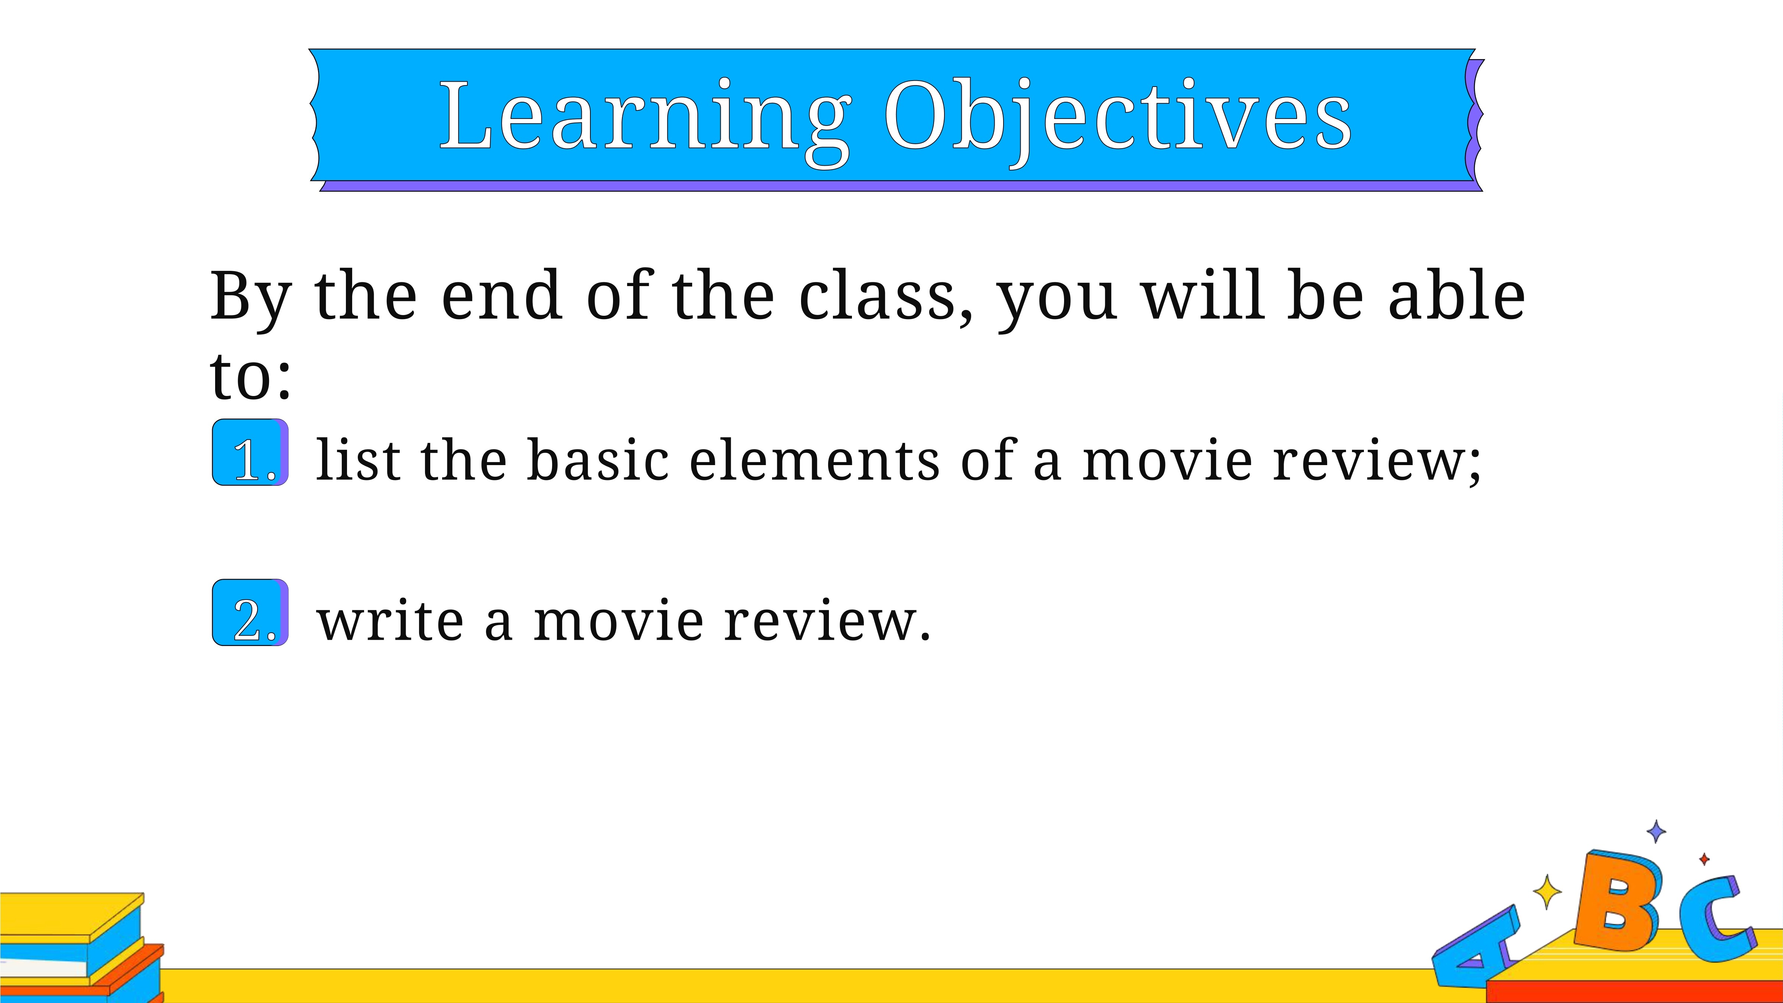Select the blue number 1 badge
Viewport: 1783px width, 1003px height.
(250, 452)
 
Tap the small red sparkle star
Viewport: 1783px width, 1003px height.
(1704, 859)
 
